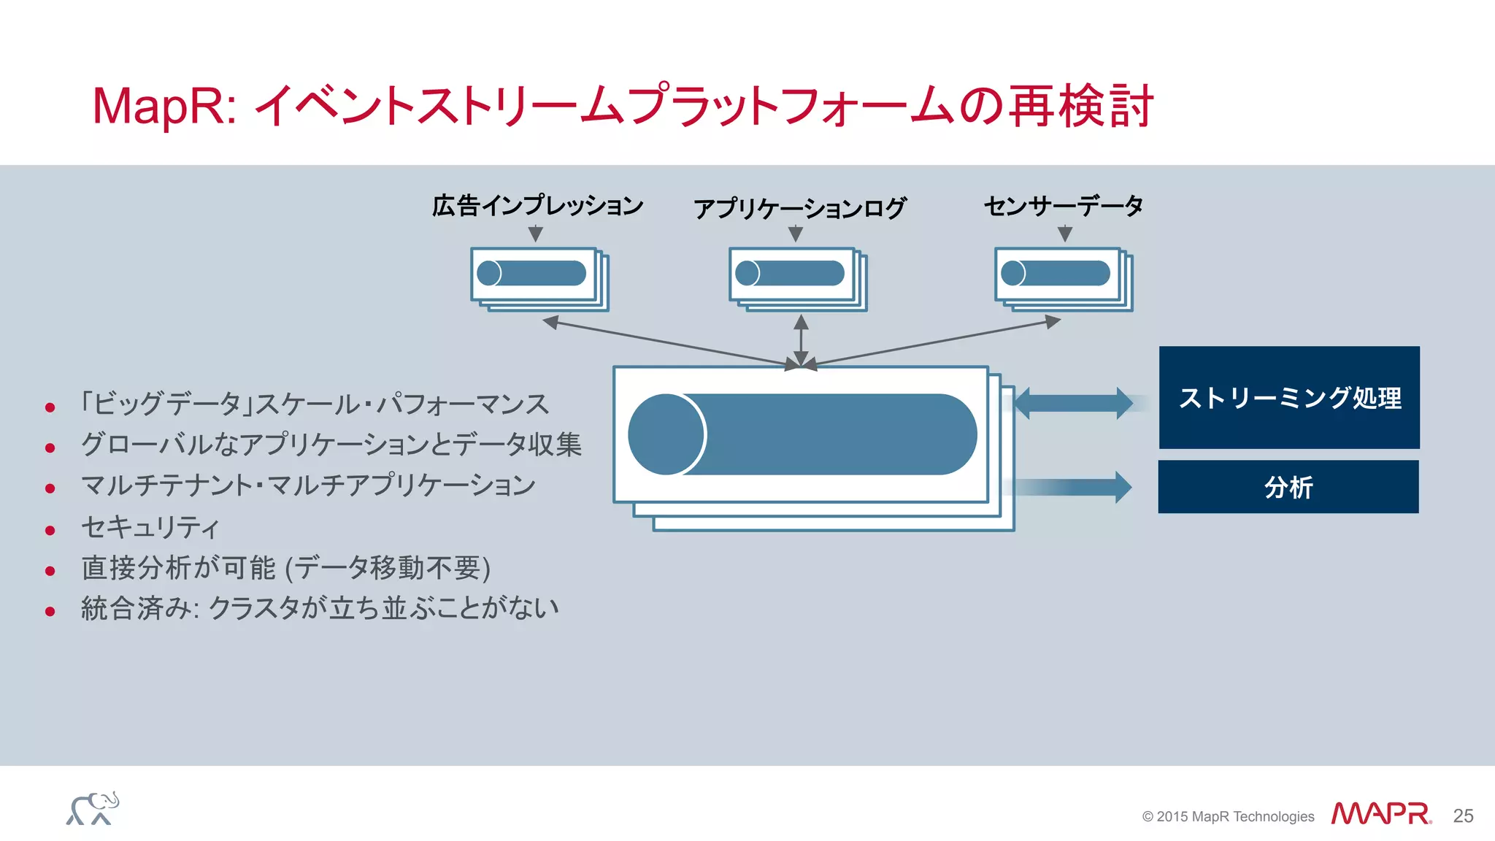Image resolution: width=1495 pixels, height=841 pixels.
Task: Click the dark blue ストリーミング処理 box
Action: point(1289,397)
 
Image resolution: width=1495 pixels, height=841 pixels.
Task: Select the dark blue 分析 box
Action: point(1288,486)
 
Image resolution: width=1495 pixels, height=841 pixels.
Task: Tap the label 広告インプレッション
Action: point(537,206)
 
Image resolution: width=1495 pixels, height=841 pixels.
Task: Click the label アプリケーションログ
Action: point(799,208)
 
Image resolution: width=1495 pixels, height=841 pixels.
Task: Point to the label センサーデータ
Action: point(1064,206)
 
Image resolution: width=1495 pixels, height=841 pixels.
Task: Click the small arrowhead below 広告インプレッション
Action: point(536,234)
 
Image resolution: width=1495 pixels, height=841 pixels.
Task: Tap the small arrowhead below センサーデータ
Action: point(1065,234)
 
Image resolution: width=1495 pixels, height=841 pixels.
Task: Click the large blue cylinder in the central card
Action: point(803,434)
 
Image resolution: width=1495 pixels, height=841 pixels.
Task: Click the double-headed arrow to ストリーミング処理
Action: point(1073,403)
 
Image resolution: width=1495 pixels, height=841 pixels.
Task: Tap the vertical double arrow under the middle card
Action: point(801,339)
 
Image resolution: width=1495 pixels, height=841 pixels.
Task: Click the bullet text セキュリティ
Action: point(150,527)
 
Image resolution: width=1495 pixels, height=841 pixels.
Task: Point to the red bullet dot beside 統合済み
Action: point(50,611)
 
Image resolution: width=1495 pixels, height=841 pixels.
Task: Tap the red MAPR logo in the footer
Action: point(1380,813)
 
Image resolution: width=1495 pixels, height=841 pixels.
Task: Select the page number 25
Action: point(1463,815)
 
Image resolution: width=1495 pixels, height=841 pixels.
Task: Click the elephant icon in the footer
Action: point(93,809)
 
